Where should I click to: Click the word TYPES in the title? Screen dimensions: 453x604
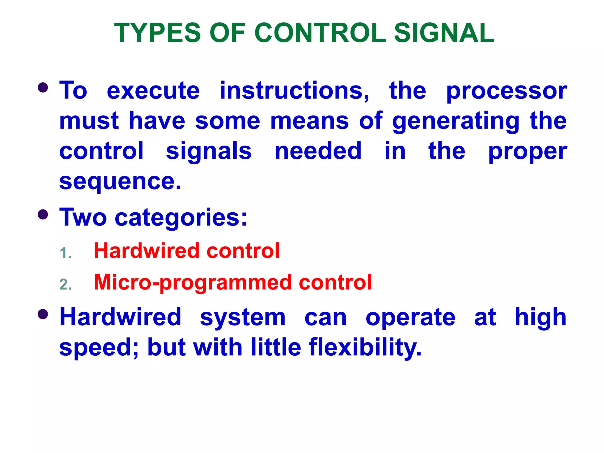click(x=157, y=33)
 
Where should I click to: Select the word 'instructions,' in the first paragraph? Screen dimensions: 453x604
click(x=294, y=91)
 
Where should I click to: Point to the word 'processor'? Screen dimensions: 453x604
click(x=506, y=91)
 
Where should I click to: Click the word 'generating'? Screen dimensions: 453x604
click(x=456, y=122)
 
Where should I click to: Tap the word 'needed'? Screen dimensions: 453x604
click(x=318, y=151)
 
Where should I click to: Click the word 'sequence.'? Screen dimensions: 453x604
click(x=120, y=182)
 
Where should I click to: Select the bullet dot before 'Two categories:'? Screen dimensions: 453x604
click(x=43, y=214)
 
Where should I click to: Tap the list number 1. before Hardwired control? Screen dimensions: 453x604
click(x=65, y=253)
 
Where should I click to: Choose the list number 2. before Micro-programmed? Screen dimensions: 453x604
click(x=65, y=285)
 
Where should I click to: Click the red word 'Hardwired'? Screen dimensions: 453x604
click(x=147, y=251)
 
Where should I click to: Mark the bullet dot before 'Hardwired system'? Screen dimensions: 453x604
click(x=43, y=314)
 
